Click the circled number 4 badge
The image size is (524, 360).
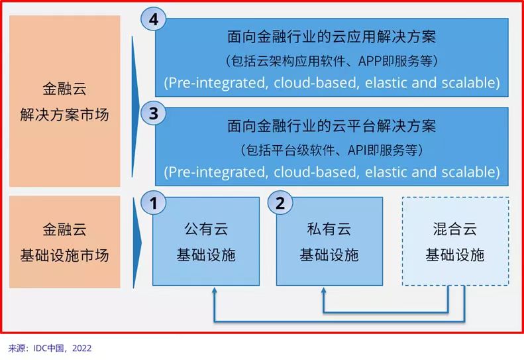coord(154,19)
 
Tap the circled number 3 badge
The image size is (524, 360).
coord(154,113)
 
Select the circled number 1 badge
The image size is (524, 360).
coord(154,203)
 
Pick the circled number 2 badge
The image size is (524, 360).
coord(280,203)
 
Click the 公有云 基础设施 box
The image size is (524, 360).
coord(206,241)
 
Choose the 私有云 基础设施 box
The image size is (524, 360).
coord(329,241)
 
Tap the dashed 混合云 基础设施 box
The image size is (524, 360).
coord(455,241)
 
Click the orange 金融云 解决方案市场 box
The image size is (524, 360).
coord(64,101)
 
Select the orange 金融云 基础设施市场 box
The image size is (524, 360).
coord(64,242)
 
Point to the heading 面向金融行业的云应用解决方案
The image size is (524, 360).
coord(331,36)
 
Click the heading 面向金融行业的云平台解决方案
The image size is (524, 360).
coord(331,126)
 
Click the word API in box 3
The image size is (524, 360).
coord(356,150)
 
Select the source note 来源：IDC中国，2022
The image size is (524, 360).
coord(50,348)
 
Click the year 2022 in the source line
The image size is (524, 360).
coord(82,348)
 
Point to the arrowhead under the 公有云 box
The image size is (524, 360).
coord(214,290)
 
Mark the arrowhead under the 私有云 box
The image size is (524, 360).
coord(323,290)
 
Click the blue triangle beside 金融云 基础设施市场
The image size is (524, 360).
coord(136,243)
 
